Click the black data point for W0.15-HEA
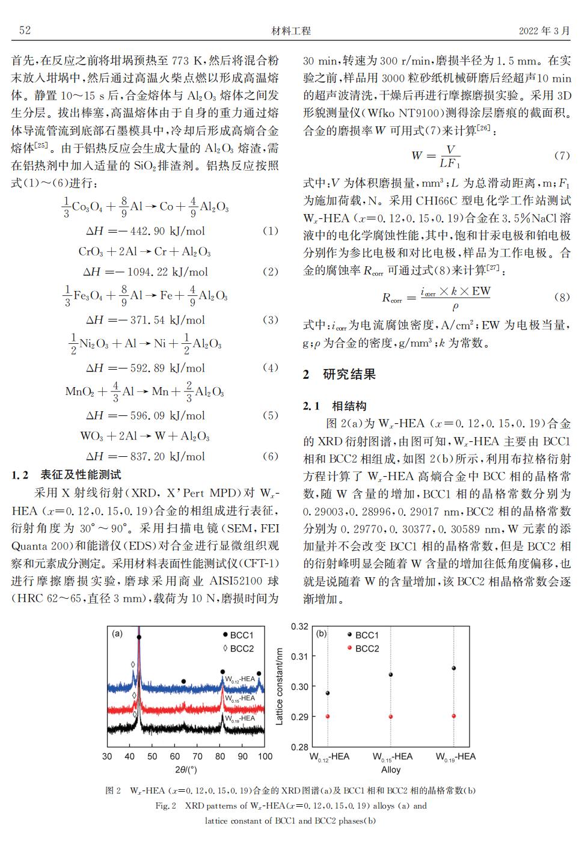coord(391,674)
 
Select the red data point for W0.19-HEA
coord(454,716)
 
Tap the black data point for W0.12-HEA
coord(328,693)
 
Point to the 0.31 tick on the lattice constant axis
coord(299,656)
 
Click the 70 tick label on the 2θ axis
coord(197,756)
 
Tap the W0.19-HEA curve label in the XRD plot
coord(240,718)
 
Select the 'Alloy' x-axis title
coord(391,769)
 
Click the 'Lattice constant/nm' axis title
coord(280,686)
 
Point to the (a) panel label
coord(117,633)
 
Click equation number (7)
coord(562,156)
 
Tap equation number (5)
coord(271,415)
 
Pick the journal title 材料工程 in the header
coord(291,31)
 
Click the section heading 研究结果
coord(349,375)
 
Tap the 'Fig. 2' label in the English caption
coord(165,806)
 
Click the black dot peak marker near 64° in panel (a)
coord(183,682)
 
